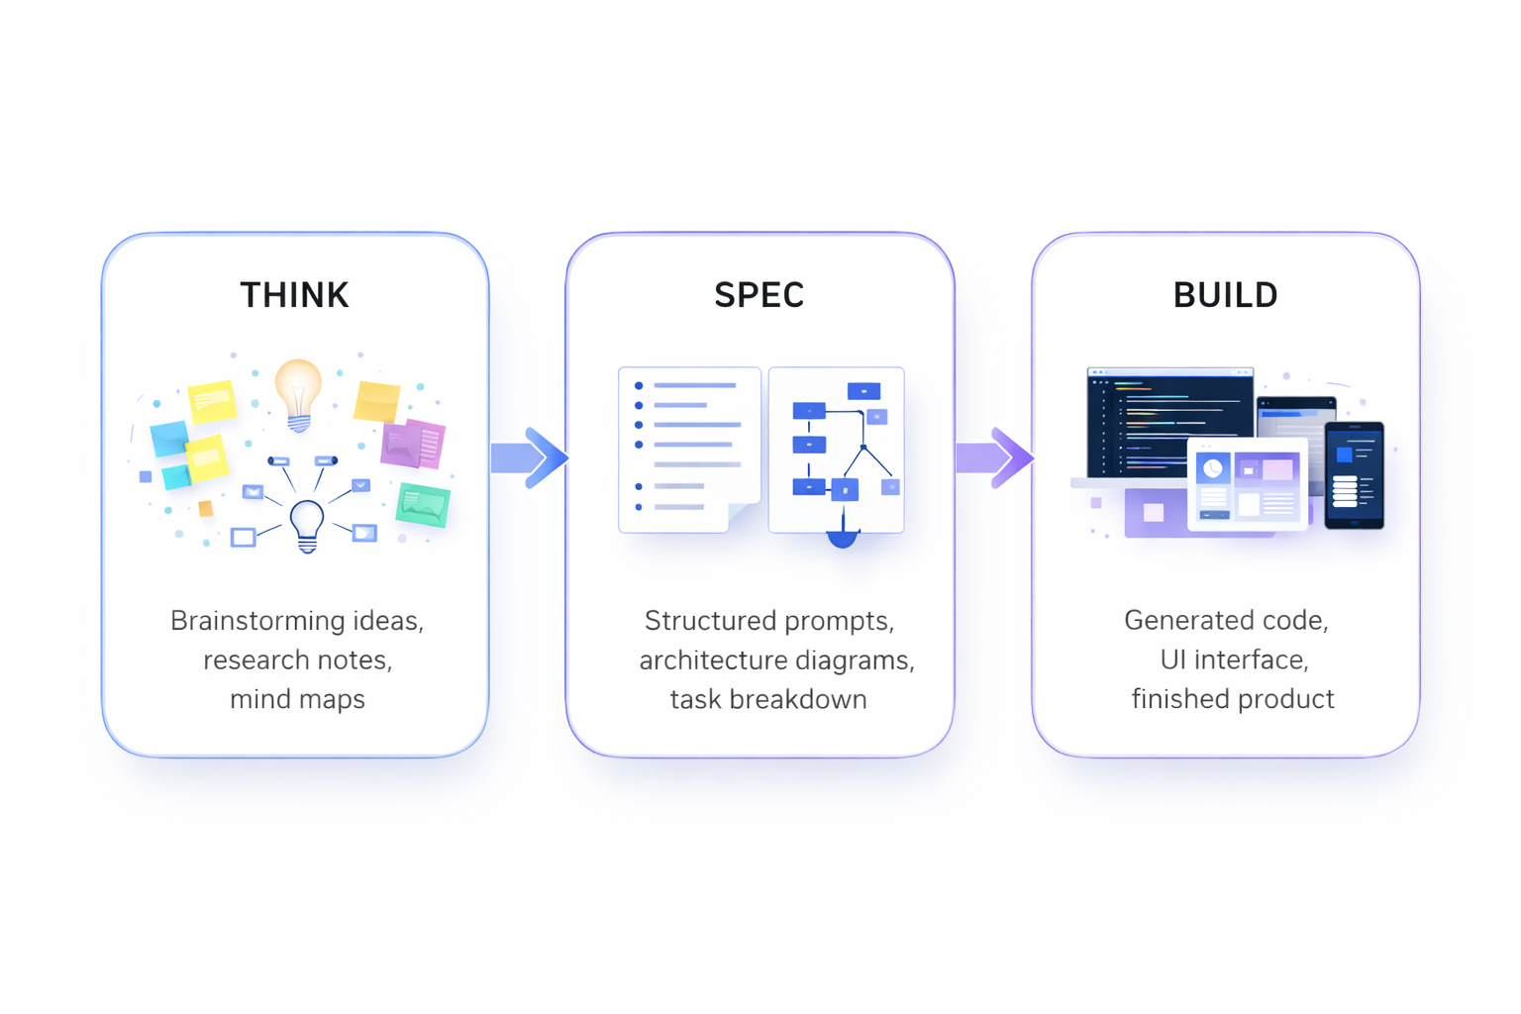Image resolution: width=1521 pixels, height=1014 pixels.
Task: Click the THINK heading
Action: tap(295, 295)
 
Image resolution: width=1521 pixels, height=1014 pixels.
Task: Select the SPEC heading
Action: tap(760, 295)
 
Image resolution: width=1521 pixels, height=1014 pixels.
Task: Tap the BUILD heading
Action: tap(1226, 295)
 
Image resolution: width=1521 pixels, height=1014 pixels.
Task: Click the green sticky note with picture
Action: tap(423, 504)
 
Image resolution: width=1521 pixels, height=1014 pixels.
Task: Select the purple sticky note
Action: tap(413, 445)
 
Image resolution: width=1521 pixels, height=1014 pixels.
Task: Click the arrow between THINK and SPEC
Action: tap(530, 457)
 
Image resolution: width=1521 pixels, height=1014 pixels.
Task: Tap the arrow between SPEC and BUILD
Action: tap(995, 457)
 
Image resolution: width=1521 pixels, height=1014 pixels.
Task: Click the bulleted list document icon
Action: tap(689, 450)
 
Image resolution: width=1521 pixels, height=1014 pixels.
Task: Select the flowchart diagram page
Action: tap(837, 450)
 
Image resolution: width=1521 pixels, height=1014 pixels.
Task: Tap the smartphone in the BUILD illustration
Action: tap(1354, 474)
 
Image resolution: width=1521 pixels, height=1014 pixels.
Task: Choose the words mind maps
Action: tap(297, 699)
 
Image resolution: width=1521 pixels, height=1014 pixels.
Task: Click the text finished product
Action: tap(1233, 699)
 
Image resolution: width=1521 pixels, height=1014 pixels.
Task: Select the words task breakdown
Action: tap(768, 699)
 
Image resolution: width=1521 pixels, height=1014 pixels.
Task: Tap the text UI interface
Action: tap(1234, 660)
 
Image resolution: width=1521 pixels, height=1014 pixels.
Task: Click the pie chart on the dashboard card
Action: tap(1213, 468)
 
